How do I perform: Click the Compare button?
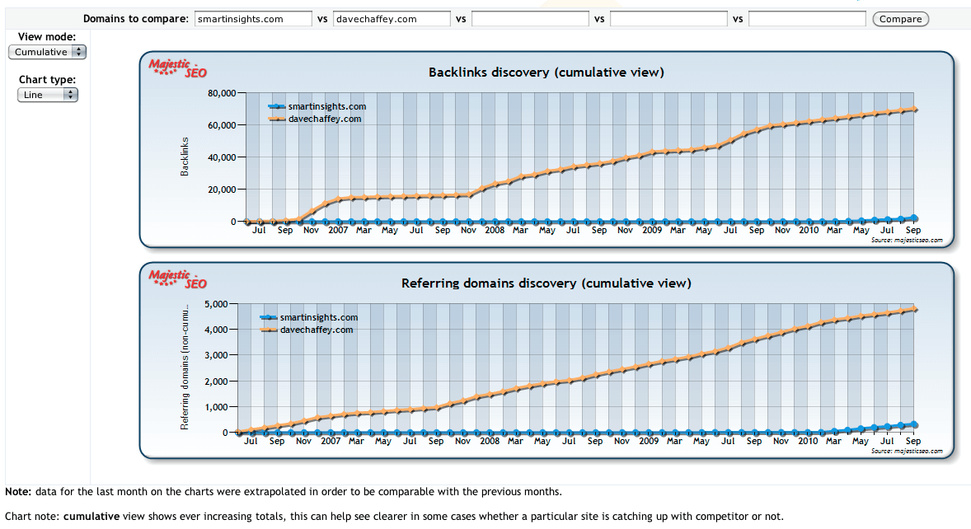pyautogui.click(x=900, y=19)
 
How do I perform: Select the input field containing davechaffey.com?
pyautogui.click(x=392, y=19)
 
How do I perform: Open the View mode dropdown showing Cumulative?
pyautogui.click(x=47, y=52)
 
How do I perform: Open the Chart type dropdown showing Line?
pyautogui.click(x=47, y=95)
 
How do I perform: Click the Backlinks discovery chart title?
pyautogui.click(x=546, y=73)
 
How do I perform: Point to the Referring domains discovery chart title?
pyautogui.click(x=546, y=283)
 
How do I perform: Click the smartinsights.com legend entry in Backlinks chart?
pyautogui.click(x=326, y=106)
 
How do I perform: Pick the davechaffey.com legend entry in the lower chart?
pyautogui.click(x=317, y=330)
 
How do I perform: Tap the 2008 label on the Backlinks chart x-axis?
pyautogui.click(x=495, y=231)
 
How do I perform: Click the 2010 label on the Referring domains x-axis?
pyautogui.click(x=808, y=441)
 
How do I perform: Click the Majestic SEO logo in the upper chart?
pyautogui.click(x=177, y=68)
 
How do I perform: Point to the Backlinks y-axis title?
pyautogui.click(x=185, y=156)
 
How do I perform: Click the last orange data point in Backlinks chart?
pyautogui.click(x=915, y=110)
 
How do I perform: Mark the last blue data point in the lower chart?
pyautogui.click(x=913, y=424)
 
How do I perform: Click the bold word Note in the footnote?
pyautogui.click(x=17, y=492)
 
